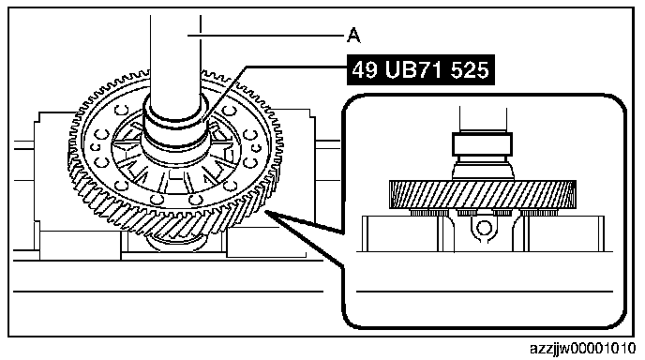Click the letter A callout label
[353, 36]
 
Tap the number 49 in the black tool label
[365, 69]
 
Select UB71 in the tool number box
[415, 69]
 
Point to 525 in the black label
[471, 69]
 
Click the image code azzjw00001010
[582, 349]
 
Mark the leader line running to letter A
[265, 36]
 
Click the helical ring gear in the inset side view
[482, 194]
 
